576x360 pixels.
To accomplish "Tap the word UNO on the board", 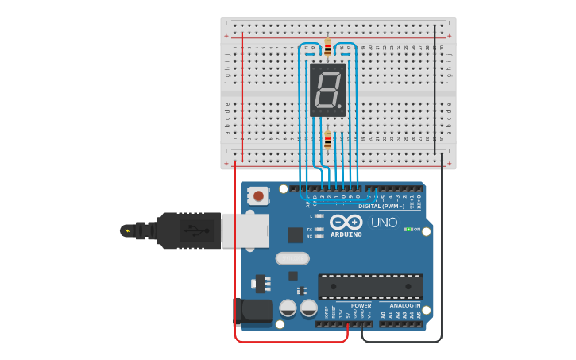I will (x=384, y=223).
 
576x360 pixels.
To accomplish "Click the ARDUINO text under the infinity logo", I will (x=346, y=234).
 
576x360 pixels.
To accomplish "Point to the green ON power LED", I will (x=408, y=230).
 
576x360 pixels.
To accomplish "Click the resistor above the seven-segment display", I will (x=327, y=47).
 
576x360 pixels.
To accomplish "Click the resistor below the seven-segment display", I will (x=327, y=141).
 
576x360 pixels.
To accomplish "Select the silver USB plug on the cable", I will (x=235, y=230).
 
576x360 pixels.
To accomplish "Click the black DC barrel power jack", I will (x=250, y=312).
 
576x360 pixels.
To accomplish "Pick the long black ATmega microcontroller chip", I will (x=370, y=287).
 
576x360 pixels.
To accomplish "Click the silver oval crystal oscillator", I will (x=292, y=258).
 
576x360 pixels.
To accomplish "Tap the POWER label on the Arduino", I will (x=361, y=305).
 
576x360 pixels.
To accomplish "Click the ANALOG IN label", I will (x=405, y=305).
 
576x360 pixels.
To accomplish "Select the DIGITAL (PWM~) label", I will (x=381, y=207).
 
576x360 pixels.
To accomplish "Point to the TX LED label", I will (x=309, y=230).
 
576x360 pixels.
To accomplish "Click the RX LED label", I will (x=309, y=236).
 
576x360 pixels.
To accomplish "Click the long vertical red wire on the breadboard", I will (x=242, y=95).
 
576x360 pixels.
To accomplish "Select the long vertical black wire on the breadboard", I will (x=435, y=87).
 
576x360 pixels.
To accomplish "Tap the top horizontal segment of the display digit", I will (x=328, y=74).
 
